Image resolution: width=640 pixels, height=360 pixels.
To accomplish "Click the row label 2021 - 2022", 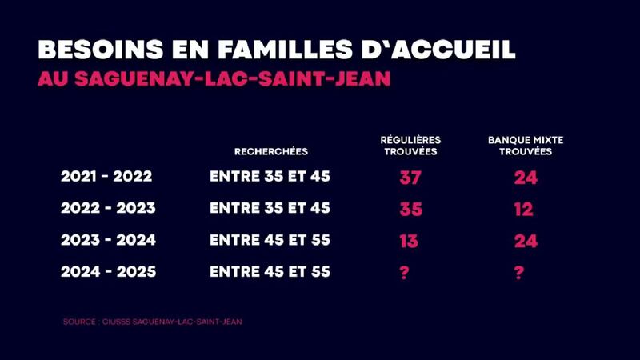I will tap(106, 177).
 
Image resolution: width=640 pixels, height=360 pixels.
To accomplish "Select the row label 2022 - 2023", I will tap(108, 208).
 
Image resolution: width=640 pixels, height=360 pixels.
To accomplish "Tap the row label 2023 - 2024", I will tap(108, 240).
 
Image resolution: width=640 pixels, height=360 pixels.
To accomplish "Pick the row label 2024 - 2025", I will tap(108, 272).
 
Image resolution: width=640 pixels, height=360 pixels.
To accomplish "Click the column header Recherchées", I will tap(270, 151).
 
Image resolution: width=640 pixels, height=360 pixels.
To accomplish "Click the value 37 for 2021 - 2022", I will tap(410, 178).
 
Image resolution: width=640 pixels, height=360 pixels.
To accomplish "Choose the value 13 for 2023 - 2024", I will tap(408, 241).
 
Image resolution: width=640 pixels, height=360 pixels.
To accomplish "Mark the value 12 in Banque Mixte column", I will tap(524, 210).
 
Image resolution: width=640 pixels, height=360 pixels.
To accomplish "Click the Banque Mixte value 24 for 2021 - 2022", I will tap(526, 178).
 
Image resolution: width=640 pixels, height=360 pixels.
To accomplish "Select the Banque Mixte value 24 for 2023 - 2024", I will tap(526, 241).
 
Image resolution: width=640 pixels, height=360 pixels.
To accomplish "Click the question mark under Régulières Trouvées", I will tap(404, 273).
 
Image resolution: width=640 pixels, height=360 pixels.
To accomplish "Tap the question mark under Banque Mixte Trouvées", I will tap(519, 273).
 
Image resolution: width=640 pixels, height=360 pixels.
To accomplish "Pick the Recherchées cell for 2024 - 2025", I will tap(270, 272).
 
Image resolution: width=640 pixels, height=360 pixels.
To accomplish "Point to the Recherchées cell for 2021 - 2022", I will tap(270, 177).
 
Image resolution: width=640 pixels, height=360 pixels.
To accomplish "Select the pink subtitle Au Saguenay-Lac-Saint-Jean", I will tap(214, 81).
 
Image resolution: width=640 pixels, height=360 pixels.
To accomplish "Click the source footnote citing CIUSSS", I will tap(152, 322).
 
